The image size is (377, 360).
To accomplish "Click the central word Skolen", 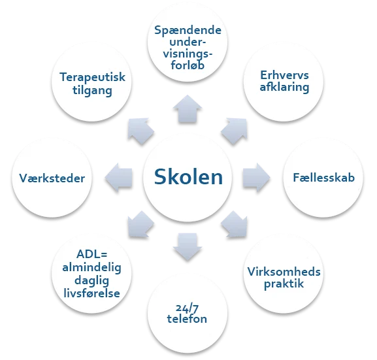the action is pos(188,177).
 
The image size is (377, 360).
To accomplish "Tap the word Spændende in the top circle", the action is pos(188,30).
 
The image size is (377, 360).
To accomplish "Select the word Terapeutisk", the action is pos(92,77).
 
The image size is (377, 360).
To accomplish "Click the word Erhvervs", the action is pos(284,75).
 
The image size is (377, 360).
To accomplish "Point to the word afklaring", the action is pos(284,87).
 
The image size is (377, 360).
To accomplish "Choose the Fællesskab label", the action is pos(323,178).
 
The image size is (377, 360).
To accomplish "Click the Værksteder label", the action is pos(52,178).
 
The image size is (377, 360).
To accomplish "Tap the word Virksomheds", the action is pos(284,272).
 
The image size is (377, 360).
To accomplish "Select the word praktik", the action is pos(284,284).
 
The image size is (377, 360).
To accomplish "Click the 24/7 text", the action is pos(187,308).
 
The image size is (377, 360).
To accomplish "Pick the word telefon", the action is pos(187,319).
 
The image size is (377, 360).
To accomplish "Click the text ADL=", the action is pos(92,254).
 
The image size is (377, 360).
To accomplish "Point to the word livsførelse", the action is pos(91,293).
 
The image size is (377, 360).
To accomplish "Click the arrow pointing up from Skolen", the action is pos(188,108).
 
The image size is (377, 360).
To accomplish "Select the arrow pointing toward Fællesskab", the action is pos(256,178).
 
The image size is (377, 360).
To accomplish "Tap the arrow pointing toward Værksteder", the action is pos(118,178).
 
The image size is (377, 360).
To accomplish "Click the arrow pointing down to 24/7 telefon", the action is pos(188,247).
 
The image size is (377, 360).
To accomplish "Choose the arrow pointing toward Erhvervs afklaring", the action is pos(235,131).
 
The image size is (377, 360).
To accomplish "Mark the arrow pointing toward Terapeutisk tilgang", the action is pos(140,131).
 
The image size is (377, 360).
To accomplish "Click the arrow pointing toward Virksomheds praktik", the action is pos(235,225).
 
